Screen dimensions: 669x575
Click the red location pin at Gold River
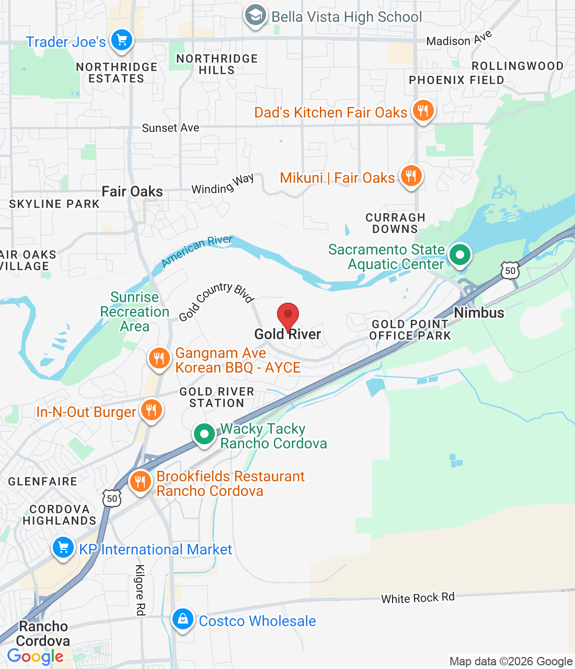pyautogui.click(x=287, y=315)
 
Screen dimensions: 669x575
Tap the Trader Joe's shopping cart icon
pyautogui.click(x=122, y=40)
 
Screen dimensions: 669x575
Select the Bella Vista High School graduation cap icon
pyautogui.click(x=255, y=16)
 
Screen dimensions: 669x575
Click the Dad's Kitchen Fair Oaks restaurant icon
pyautogui.click(x=423, y=111)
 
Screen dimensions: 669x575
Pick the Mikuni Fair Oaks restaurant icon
pyautogui.click(x=411, y=176)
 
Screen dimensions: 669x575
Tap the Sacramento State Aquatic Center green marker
pyautogui.click(x=460, y=256)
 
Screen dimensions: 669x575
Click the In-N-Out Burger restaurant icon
pyautogui.click(x=151, y=410)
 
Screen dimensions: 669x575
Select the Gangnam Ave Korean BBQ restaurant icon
pyautogui.click(x=159, y=359)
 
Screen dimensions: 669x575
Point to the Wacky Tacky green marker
pyautogui.click(x=204, y=434)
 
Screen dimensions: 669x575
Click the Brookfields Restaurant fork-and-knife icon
pyautogui.click(x=140, y=481)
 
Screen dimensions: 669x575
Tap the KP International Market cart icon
pyautogui.click(x=63, y=548)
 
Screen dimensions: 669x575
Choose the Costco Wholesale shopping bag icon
pyautogui.click(x=183, y=619)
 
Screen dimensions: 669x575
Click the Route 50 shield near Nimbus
pyautogui.click(x=510, y=270)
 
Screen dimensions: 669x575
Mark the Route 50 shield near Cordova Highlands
pyautogui.click(x=112, y=498)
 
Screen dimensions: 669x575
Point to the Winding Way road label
pyautogui.click(x=223, y=184)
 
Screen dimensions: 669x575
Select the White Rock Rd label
pyautogui.click(x=418, y=598)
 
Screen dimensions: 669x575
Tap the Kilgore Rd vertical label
pyautogui.click(x=140, y=590)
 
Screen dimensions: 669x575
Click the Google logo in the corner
pyautogui.click(x=35, y=656)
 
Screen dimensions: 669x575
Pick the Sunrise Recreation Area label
pyautogui.click(x=134, y=312)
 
